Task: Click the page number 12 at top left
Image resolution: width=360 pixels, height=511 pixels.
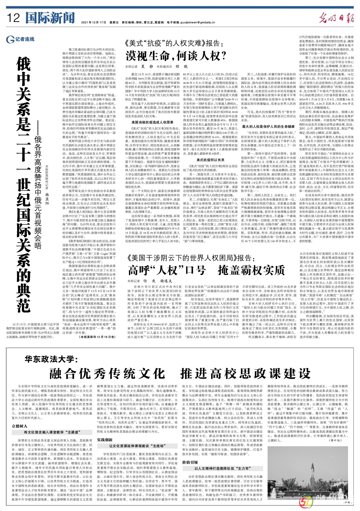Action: (x=13, y=18)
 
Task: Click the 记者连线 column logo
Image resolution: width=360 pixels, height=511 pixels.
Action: (x=20, y=39)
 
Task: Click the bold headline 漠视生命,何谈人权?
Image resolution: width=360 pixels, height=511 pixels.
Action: (x=176, y=56)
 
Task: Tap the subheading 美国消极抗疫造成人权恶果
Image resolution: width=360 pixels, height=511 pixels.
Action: (x=152, y=122)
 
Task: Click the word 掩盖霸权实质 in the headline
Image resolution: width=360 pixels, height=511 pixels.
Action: (x=251, y=270)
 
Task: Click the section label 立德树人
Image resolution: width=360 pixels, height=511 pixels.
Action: (x=20, y=426)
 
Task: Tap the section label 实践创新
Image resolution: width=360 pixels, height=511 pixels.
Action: (x=105, y=440)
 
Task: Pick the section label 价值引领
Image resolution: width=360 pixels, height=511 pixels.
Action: (x=190, y=462)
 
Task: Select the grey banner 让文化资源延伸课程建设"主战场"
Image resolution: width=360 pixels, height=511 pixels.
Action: (x=137, y=446)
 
